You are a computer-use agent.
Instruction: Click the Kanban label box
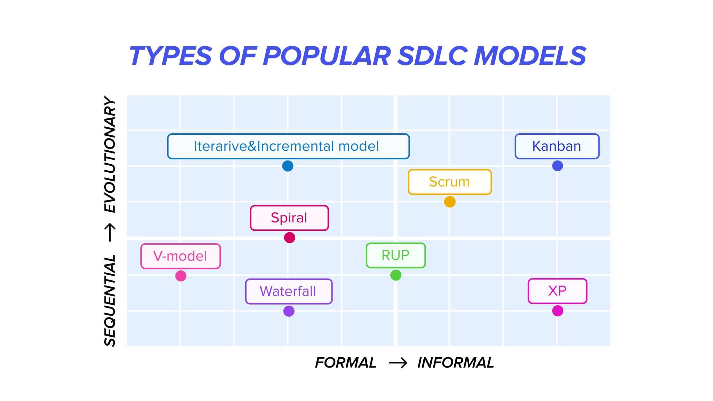pos(557,146)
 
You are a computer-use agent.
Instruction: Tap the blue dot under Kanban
pos(557,166)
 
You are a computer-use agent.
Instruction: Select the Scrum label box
pos(449,182)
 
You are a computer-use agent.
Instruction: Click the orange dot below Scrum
pos(449,202)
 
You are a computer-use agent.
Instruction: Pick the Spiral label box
pos(289,218)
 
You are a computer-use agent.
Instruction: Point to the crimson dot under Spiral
pos(289,238)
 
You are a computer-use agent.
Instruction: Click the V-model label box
pos(180,256)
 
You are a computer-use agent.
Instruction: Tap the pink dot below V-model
pos(181,276)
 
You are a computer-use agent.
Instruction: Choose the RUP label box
pos(395,255)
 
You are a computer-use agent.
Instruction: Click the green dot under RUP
pos(395,275)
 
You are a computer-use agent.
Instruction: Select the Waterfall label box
pos(289,291)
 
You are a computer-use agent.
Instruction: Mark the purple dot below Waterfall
pos(289,311)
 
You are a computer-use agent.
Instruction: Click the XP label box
pos(557,291)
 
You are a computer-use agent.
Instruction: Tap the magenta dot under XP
pos(557,310)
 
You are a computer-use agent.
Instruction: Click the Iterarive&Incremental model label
pos(288,146)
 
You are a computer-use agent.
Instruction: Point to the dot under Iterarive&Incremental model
pos(288,166)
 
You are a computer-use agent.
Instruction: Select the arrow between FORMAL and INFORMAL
pos(398,363)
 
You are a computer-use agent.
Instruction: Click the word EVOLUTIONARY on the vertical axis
pos(110,155)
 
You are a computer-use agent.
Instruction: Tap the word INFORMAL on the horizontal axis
pos(455,363)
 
